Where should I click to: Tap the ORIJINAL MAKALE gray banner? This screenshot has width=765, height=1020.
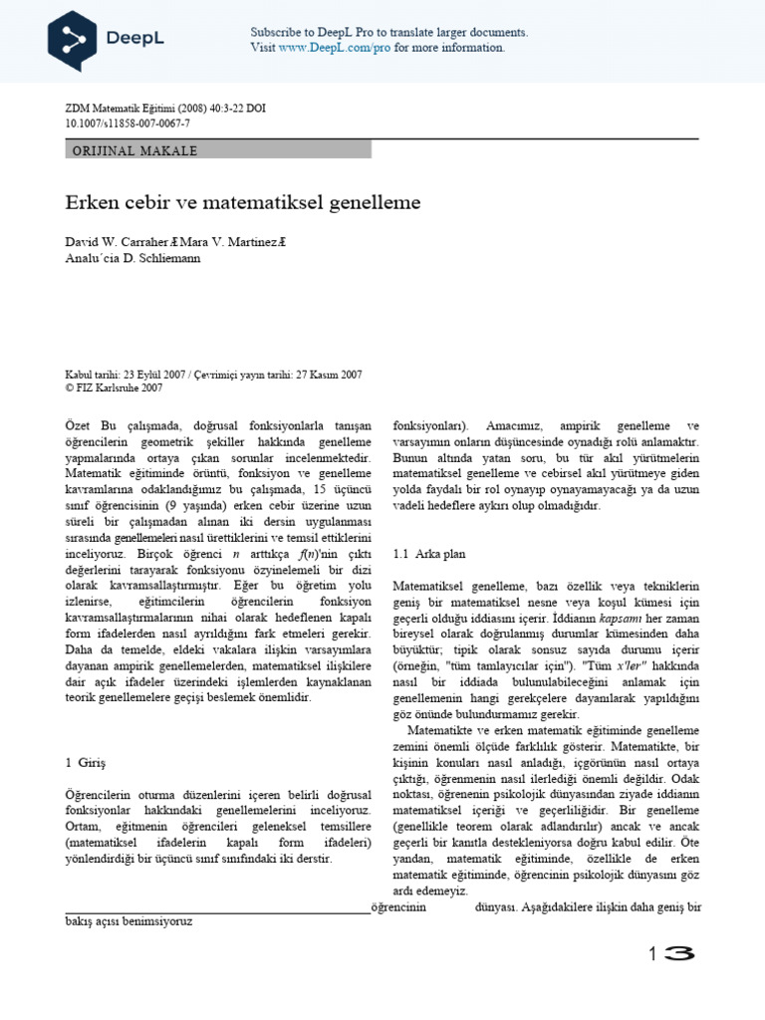(x=218, y=150)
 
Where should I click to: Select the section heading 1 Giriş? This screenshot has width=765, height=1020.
(x=85, y=761)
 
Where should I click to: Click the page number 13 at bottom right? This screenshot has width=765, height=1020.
(x=670, y=953)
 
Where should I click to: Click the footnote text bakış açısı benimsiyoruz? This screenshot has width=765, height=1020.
(x=129, y=921)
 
